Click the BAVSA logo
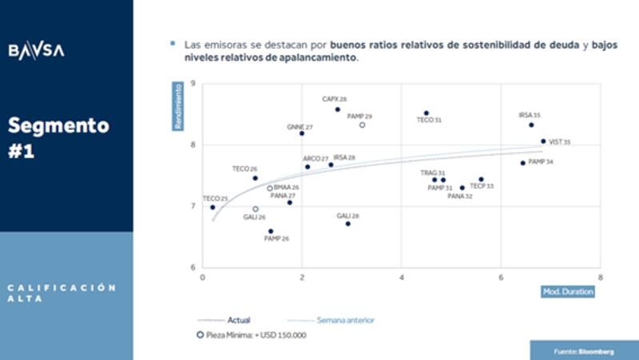[x=37, y=50]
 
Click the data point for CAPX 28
[x=337, y=109]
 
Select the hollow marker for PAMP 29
[x=362, y=125]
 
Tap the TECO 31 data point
[x=427, y=113]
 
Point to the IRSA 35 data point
[x=531, y=125]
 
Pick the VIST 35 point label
[x=560, y=142]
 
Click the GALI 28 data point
[x=347, y=224]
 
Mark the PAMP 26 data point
[x=271, y=231]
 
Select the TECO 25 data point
[x=212, y=208]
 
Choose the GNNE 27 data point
[x=302, y=133]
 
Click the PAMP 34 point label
[x=541, y=161]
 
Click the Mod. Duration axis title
[x=569, y=291]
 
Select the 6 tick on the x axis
[x=501, y=277]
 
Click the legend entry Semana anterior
[x=346, y=320]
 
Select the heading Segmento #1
[x=59, y=137]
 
